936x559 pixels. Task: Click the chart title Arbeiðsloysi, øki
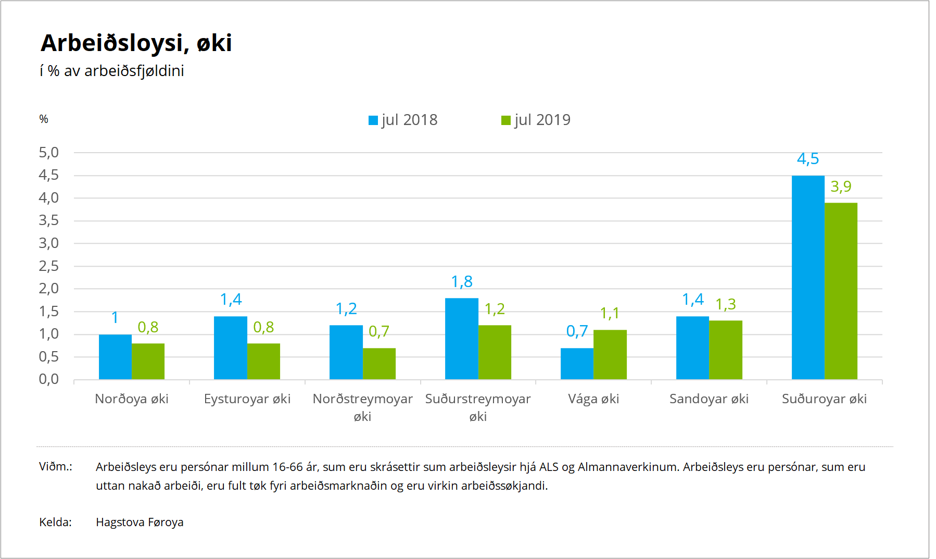click(x=136, y=43)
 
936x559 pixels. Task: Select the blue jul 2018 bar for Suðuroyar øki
click(x=808, y=277)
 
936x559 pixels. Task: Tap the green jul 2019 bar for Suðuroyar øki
click(x=841, y=291)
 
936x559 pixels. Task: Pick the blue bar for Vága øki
click(x=577, y=364)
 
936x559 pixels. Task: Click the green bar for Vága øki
click(x=610, y=354)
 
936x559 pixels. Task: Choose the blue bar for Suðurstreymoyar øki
click(x=461, y=339)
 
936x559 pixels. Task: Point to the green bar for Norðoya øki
click(x=148, y=361)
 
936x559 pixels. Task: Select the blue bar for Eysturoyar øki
click(x=230, y=347)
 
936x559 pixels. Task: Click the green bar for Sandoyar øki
click(x=725, y=350)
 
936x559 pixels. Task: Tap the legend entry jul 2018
click(x=403, y=120)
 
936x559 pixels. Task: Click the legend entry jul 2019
click(x=536, y=120)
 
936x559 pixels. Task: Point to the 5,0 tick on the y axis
click(x=49, y=153)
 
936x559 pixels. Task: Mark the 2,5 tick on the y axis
click(x=49, y=266)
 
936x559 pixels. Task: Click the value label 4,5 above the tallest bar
click(x=808, y=159)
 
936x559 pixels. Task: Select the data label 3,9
click(x=841, y=187)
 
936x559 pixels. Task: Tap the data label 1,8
click(x=462, y=282)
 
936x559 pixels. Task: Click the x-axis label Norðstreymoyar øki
click(x=362, y=407)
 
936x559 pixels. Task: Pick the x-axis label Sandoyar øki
click(x=709, y=399)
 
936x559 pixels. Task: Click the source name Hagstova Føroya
click(x=140, y=522)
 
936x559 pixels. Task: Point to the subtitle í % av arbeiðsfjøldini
click(x=112, y=71)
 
